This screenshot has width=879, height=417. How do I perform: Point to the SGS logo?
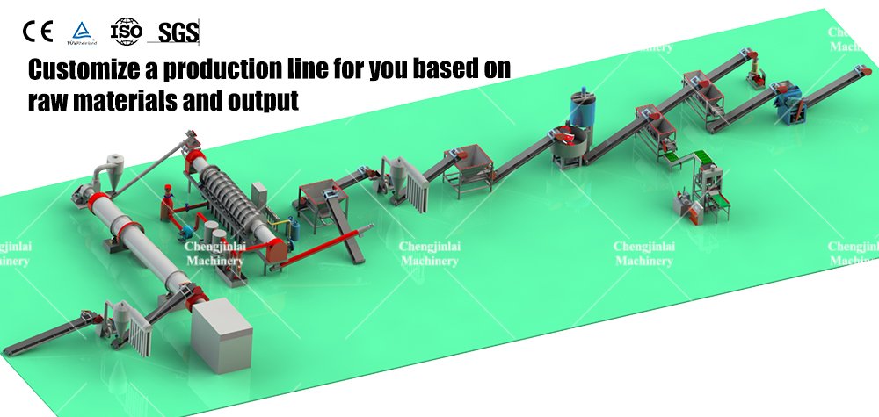pos(178,33)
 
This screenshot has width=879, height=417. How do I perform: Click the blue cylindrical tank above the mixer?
pos(581,111)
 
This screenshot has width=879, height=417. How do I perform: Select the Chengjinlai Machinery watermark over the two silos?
pos(214,254)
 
